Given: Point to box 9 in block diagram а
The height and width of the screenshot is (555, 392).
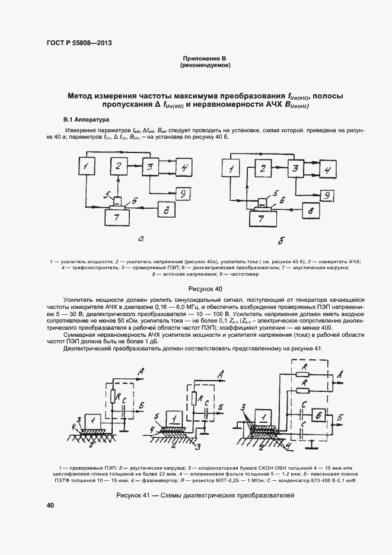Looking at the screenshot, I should point(184,193).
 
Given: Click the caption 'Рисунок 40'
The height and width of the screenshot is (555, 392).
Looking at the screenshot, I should point(205,289).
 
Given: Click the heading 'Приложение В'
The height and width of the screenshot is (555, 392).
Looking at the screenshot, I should point(205,58).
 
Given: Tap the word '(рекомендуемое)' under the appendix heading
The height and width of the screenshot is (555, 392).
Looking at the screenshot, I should point(205,65).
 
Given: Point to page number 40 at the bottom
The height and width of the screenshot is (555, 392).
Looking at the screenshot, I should point(50,505).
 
